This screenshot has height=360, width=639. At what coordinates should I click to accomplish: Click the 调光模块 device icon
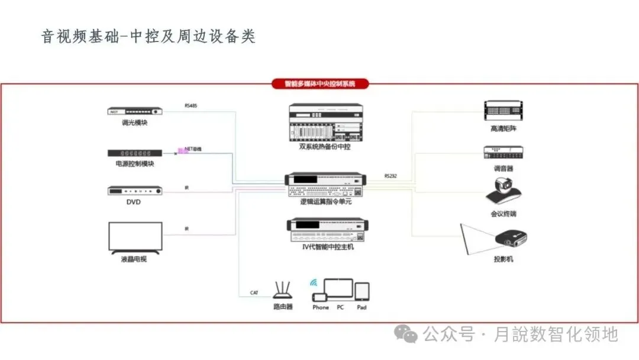click(134, 111)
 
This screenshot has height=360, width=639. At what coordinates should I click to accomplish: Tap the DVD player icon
click(134, 191)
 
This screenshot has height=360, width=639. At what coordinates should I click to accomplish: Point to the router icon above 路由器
click(283, 289)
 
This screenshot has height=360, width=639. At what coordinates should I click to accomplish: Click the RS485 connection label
click(191, 106)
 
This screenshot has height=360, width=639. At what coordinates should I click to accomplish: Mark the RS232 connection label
click(390, 176)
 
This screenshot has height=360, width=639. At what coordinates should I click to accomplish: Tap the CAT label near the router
click(254, 293)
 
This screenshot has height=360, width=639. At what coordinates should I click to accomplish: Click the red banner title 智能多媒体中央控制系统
click(319, 84)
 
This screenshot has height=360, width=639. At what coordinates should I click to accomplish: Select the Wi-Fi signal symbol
click(314, 282)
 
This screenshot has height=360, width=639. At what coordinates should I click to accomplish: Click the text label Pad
click(362, 308)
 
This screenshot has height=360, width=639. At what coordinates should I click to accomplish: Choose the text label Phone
click(320, 308)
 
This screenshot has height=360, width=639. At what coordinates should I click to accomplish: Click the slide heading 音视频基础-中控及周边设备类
click(148, 37)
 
